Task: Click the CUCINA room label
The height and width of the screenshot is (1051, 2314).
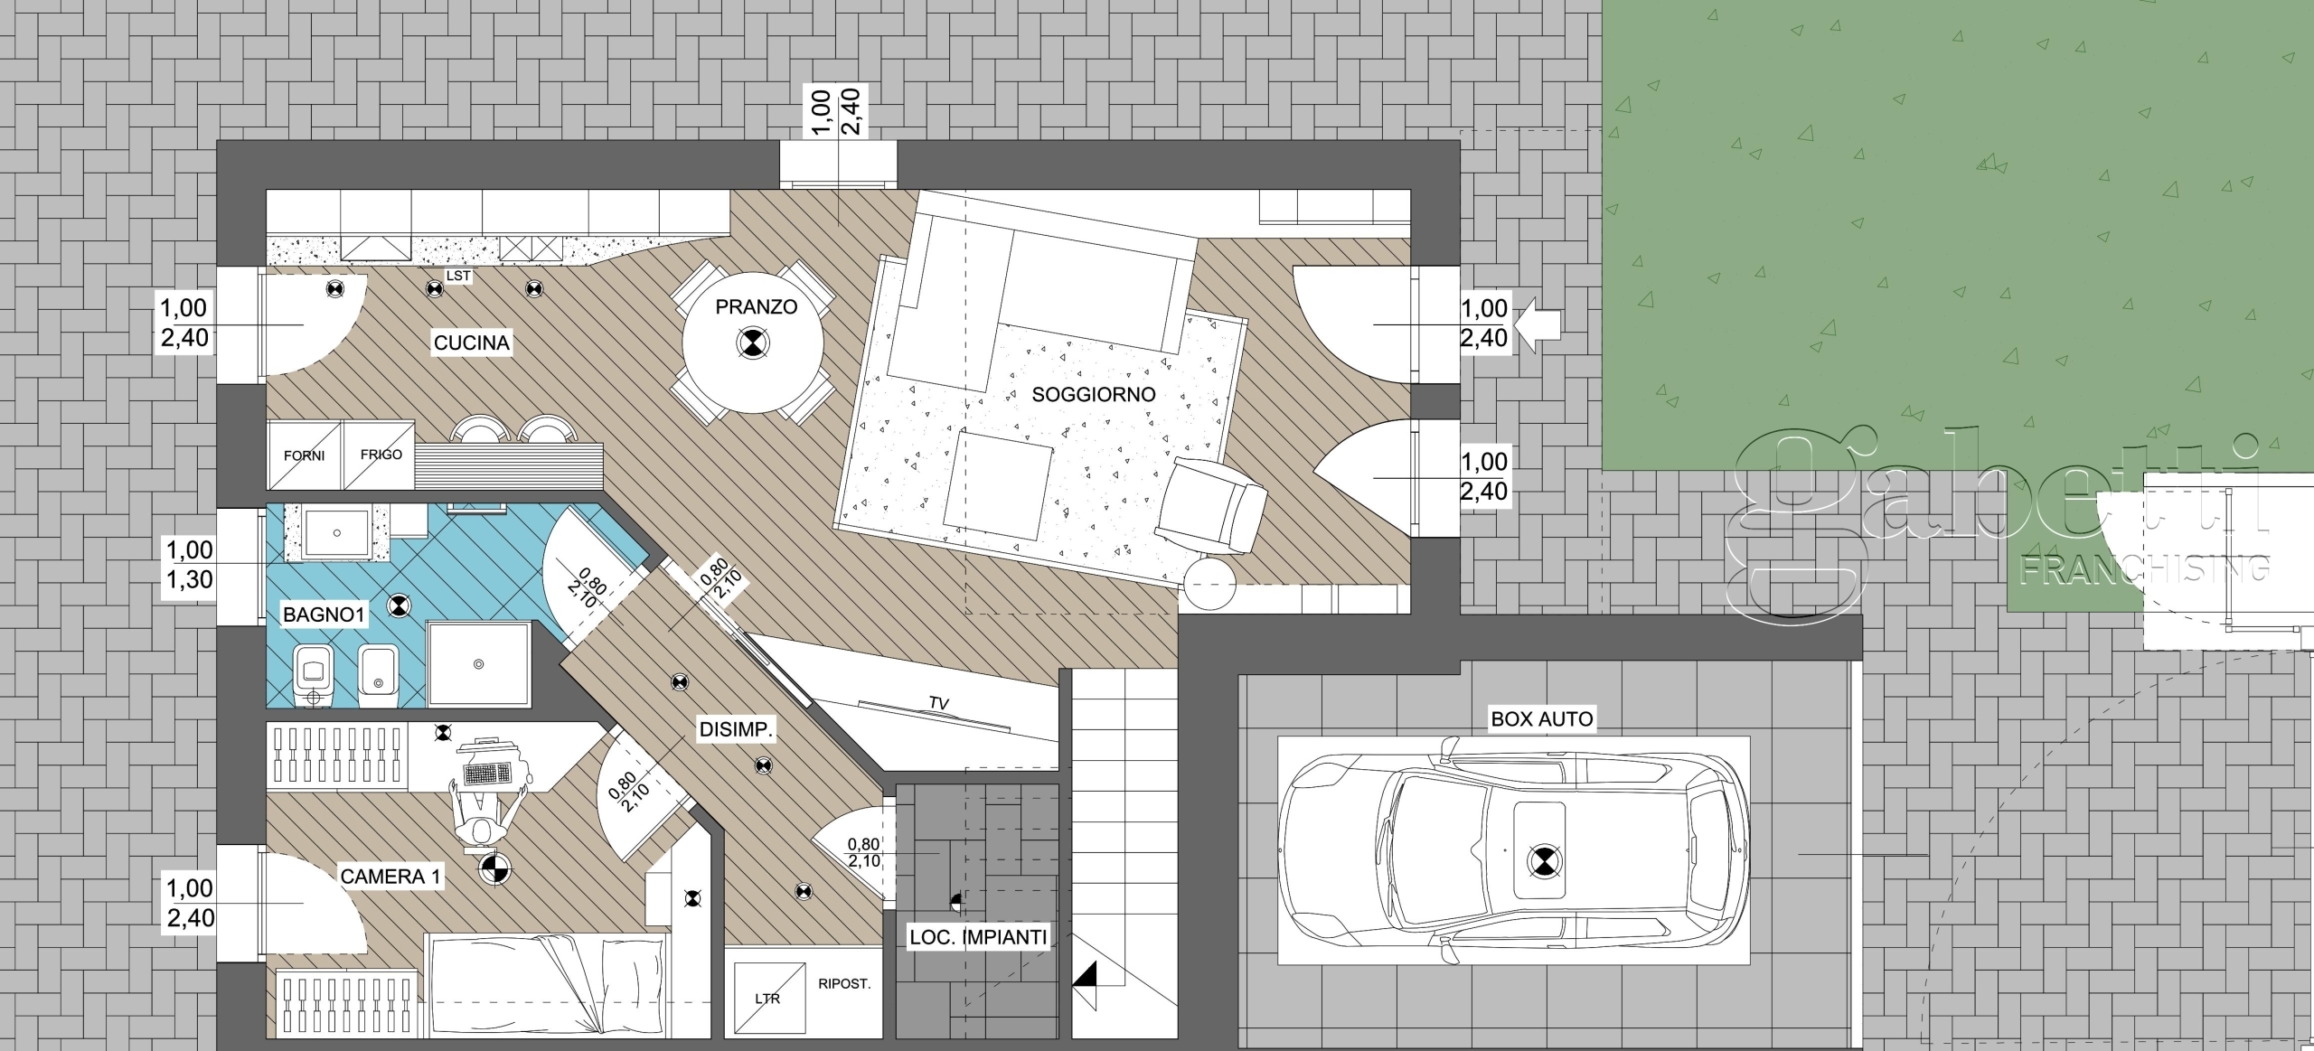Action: [471, 343]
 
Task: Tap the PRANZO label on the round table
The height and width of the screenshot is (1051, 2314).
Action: [756, 307]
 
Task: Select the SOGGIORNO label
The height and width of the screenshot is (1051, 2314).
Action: [1094, 394]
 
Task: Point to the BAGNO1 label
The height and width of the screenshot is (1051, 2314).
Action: [324, 615]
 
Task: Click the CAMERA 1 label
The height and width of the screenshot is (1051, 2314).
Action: [390, 876]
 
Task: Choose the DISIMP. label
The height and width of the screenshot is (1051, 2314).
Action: [737, 730]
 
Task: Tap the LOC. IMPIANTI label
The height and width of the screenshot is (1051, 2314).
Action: [978, 938]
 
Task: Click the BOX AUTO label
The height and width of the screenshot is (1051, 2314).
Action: [1542, 719]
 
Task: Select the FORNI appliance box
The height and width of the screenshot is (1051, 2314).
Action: [305, 455]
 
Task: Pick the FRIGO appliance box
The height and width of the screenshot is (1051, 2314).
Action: [380, 455]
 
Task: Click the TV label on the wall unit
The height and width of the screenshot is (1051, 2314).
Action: [938, 703]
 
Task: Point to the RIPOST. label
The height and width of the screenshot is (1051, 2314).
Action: [844, 983]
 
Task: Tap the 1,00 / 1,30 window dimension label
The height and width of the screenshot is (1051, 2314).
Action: [189, 564]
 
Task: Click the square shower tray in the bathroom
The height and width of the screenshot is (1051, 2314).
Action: [478, 663]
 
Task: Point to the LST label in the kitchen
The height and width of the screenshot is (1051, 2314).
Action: [458, 276]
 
